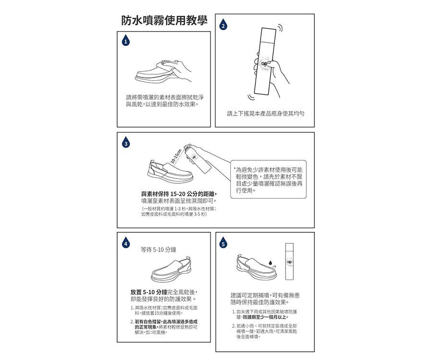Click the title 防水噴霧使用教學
pyautogui.click(x=164, y=21)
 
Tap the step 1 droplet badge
pyautogui.click(x=125, y=41)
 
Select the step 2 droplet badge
pyautogui.click(x=223, y=25)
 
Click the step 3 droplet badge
pyautogui.click(x=125, y=144)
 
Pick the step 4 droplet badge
pyautogui.click(x=125, y=244)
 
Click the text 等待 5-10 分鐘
pyautogui.click(x=158, y=250)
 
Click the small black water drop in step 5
pyautogui.click(x=270, y=263)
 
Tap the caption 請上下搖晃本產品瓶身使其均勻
pyautogui.click(x=265, y=113)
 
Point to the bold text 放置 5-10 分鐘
pyautogui.click(x=148, y=292)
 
